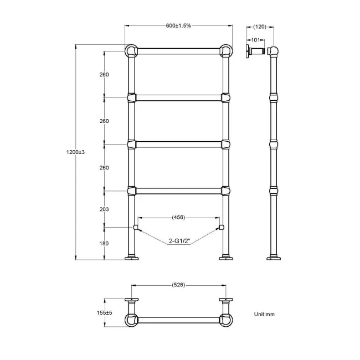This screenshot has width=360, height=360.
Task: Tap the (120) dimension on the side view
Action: point(260,27)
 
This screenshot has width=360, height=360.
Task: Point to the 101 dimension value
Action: point(256,40)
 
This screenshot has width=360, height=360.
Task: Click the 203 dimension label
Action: point(105,209)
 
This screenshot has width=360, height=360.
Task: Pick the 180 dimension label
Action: point(105,244)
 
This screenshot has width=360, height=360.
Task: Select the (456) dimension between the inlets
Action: point(178,218)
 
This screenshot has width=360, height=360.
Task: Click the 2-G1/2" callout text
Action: point(179,241)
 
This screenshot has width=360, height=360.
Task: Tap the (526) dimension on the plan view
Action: point(178,285)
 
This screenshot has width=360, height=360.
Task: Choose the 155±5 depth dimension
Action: point(104,312)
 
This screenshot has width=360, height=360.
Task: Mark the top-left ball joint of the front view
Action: point(131,51)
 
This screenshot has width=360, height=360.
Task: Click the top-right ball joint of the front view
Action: point(226,51)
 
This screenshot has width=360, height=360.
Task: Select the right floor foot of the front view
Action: point(226,258)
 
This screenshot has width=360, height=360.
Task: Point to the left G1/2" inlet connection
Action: point(135,227)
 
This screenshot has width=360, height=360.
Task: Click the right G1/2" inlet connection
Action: point(222,227)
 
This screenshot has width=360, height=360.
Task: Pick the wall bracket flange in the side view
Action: point(249,52)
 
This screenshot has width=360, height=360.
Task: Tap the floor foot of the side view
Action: point(274,258)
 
